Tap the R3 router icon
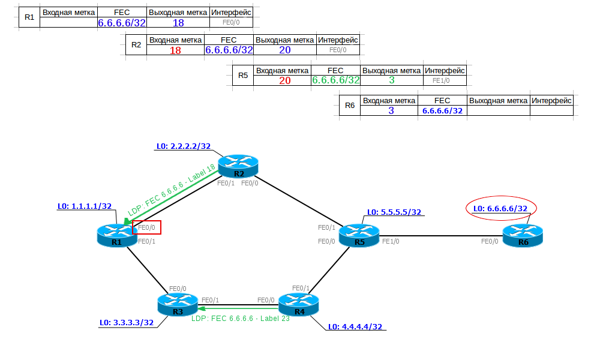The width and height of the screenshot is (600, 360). pyautogui.click(x=178, y=304)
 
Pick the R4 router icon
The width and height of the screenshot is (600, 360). pyautogui.click(x=299, y=304)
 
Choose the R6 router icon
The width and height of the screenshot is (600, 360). pyautogui.click(x=523, y=235)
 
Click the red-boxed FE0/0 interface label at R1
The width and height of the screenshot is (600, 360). pyautogui.click(x=147, y=228)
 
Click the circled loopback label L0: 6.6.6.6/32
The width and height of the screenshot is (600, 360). pyautogui.click(x=500, y=209)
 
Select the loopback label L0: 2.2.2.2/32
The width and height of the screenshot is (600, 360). pyautogui.click(x=183, y=146)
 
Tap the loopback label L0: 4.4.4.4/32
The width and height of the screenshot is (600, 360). pyautogui.click(x=355, y=327)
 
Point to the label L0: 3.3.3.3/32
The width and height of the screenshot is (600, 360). pyautogui.click(x=127, y=322)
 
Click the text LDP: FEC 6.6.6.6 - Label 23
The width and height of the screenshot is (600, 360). pyautogui.click(x=241, y=319)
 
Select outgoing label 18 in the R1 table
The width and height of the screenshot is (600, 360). pyautogui.click(x=178, y=23)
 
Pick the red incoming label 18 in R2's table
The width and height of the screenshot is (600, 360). pyautogui.click(x=175, y=51)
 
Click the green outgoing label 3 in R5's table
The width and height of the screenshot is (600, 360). pyautogui.click(x=391, y=80)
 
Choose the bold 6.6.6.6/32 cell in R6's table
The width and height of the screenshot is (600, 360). pyautogui.click(x=442, y=110)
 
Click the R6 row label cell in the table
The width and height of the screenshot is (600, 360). pyautogui.click(x=350, y=106)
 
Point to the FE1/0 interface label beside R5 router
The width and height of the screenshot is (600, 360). pyautogui.click(x=391, y=241)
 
